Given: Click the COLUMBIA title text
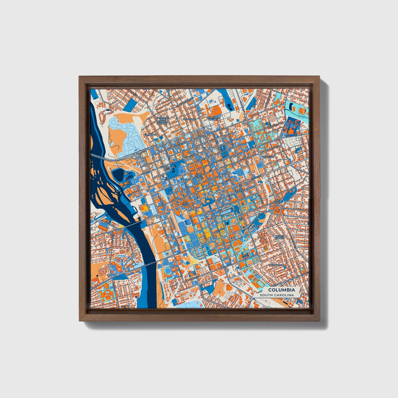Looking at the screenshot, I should pyautogui.click(x=281, y=290).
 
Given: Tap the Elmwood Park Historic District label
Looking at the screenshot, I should pyautogui.click(x=162, y=120).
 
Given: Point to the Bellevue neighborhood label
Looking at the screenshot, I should pyautogui.click(x=189, y=119).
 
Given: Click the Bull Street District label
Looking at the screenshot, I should pyautogui.click(x=214, y=118).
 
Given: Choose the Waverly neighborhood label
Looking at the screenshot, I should pyautogui.click(x=268, y=157).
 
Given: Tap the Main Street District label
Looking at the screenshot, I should pyautogui.click(x=199, y=176).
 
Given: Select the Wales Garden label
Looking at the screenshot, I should pyautogui.click(x=281, y=237).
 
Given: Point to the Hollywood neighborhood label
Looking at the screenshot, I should pyautogui.click(x=277, y=265).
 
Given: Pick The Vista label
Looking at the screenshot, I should pyautogui.click(x=186, y=204).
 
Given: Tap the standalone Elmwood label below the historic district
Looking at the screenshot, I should pyautogui.click(x=151, y=135).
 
